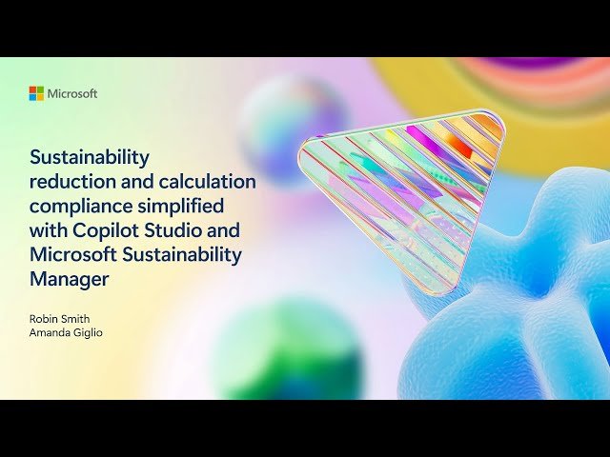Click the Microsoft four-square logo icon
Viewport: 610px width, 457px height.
[x=36, y=93]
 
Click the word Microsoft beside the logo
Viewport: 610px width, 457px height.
[x=72, y=93]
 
